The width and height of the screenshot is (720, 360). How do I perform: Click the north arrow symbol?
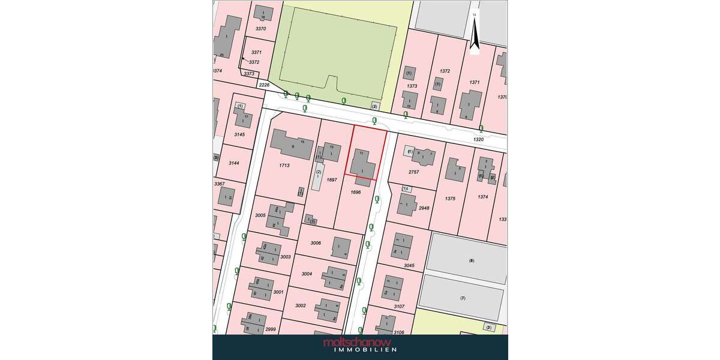[x=474, y=34]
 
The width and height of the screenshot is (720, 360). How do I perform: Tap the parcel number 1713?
[x=285, y=165]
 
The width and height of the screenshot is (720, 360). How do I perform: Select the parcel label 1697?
[x=332, y=179]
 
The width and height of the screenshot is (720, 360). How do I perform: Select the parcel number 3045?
[x=409, y=265]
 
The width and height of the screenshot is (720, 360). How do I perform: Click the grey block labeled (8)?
[x=471, y=261]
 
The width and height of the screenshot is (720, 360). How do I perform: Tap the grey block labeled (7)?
[x=462, y=298]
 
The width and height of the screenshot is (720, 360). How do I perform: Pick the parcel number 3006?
[x=316, y=243]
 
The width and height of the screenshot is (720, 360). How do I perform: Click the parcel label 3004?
[x=307, y=274]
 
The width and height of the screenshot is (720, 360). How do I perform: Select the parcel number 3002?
[x=301, y=305]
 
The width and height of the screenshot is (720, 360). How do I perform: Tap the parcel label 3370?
[x=260, y=29]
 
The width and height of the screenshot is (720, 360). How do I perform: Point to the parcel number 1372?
[x=445, y=71]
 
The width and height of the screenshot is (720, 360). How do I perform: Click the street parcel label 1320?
[x=478, y=139]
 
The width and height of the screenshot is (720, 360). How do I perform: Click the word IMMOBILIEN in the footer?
[x=360, y=350]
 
